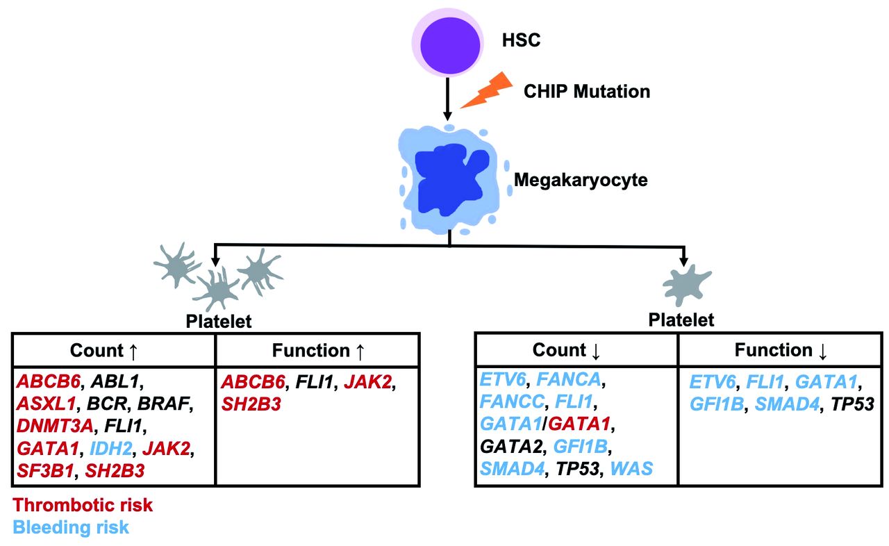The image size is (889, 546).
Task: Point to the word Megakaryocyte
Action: [x=581, y=181]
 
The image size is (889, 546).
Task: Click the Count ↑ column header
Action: [x=114, y=351]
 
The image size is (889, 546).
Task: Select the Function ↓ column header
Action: [x=781, y=351]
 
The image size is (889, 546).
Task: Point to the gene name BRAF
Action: [x=163, y=404]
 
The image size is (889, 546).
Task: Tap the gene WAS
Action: [x=631, y=468]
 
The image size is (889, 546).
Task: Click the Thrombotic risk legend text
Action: [x=83, y=505]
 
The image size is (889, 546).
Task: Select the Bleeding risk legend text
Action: [x=71, y=527]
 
